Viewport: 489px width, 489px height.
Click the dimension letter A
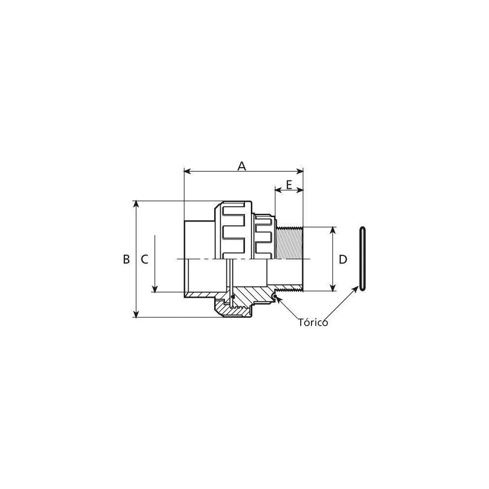(x=242, y=166)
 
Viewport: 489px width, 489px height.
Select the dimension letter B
(x=126, y=259)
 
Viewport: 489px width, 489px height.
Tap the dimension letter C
(x=144, y=259)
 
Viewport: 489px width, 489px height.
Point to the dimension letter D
(x=343, y=259)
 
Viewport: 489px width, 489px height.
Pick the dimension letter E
(x=289, y=185)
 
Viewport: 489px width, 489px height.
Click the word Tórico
(x=313, y=322)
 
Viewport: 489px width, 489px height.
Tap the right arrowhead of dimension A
(x=300, y=171)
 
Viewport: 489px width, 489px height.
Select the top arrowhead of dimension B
(x=135, y=204)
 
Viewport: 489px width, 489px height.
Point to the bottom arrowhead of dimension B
(x=135, y=314)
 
